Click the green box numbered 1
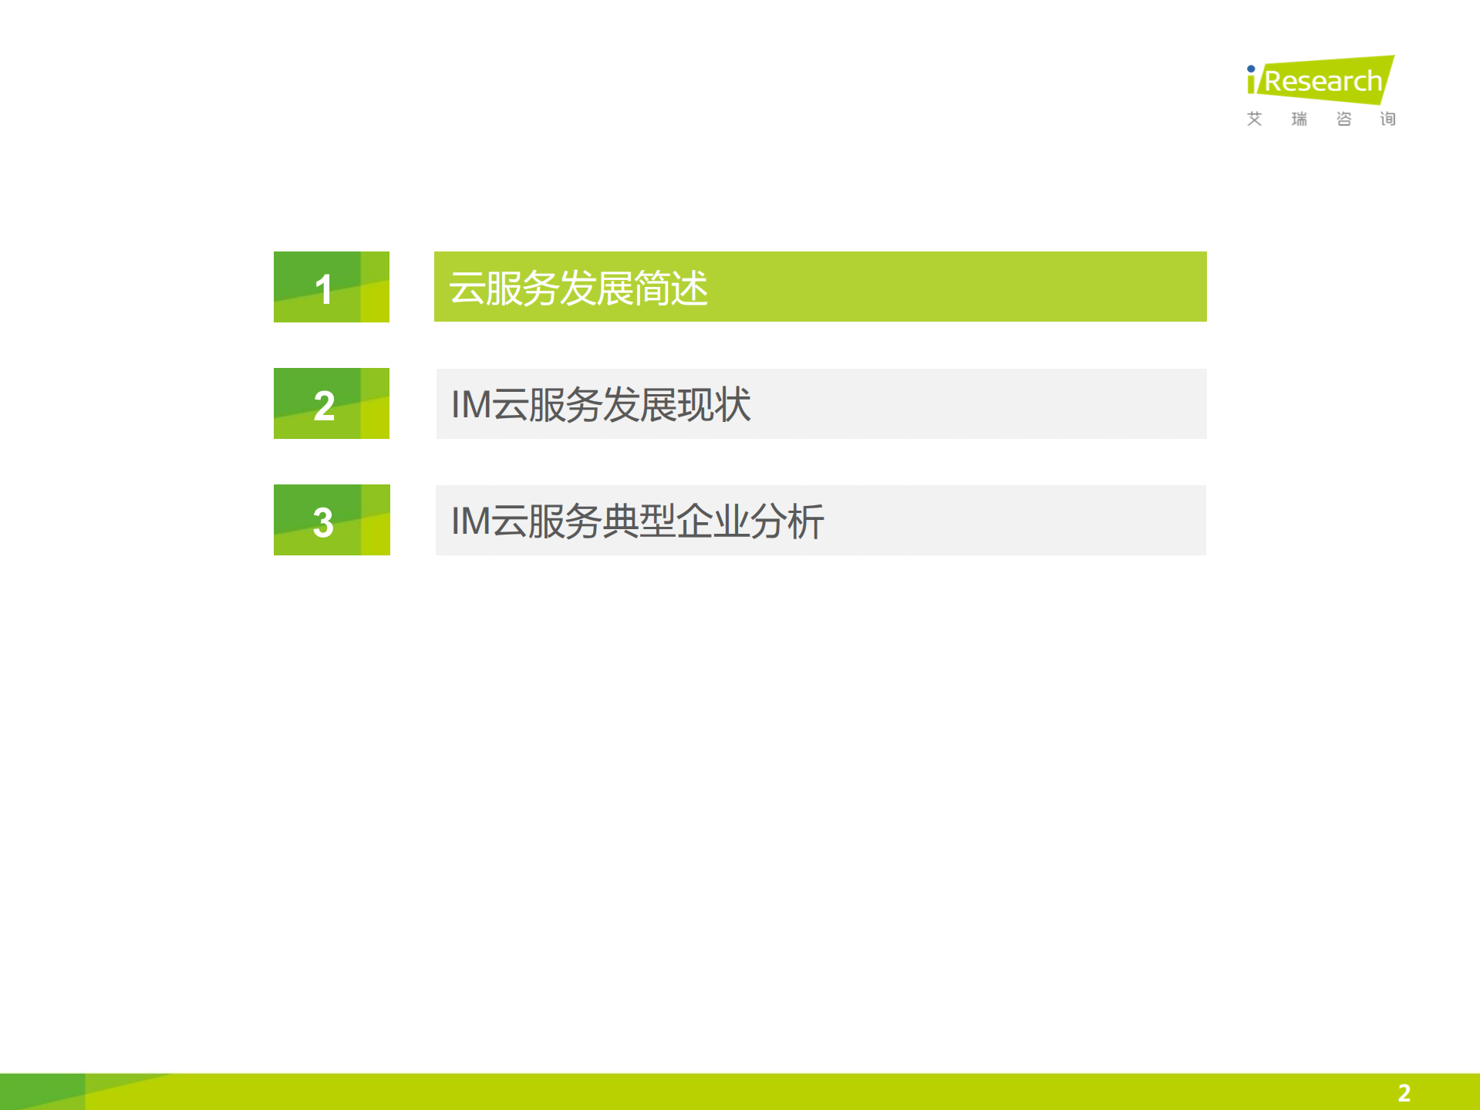(332, 287)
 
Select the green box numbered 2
(332, 403)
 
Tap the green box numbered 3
(332, 520)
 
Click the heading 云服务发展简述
(578, 288)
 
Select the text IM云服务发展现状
(600, 404)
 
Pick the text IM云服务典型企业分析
(637, 521)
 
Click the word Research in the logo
(1323, 81)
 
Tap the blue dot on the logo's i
(1251, 69)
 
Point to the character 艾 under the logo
(1255, 119)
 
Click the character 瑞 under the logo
(1300, 119)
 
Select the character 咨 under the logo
(1343, 119)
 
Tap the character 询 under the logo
(1388, 119)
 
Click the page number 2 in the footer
(1404, 1092)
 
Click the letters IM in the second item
(471, 404)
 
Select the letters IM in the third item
(471, 521)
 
